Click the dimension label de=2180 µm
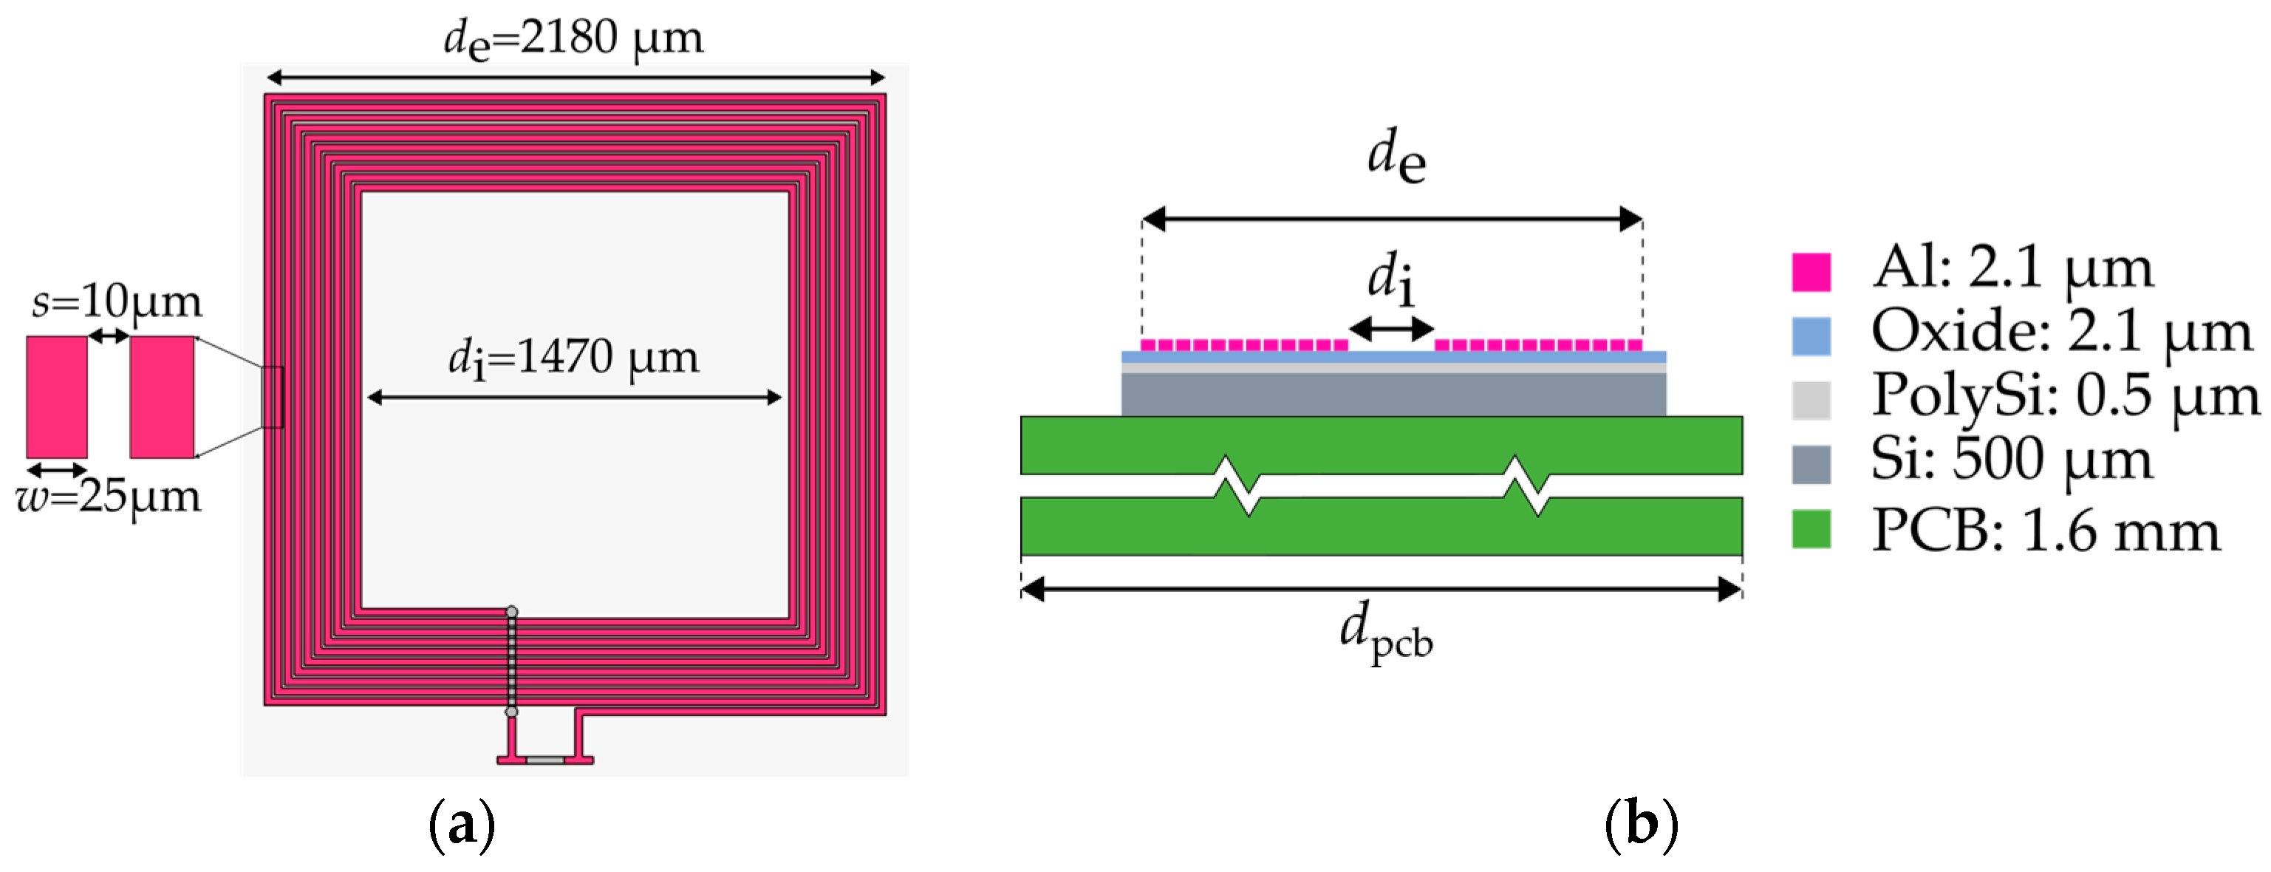[x=573, y=38]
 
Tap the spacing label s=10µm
[x=117, y=302]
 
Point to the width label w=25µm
[x=109, y=497]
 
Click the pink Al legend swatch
[x=1811, y=271]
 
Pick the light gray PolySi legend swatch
[x=1811, y=399]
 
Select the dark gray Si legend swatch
[x=1811, y=465]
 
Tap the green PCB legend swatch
[x=1811, y=529]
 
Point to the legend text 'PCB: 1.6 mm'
[x=2046, y=531]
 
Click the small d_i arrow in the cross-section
[x=1392, y=329]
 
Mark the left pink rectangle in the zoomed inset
[x=56, y=397]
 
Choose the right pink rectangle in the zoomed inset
[x=163, y=397]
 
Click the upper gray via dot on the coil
[x=511, y=611]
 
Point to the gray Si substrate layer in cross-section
[x=1393, y=395]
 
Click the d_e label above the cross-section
[x=1396, y=156]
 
